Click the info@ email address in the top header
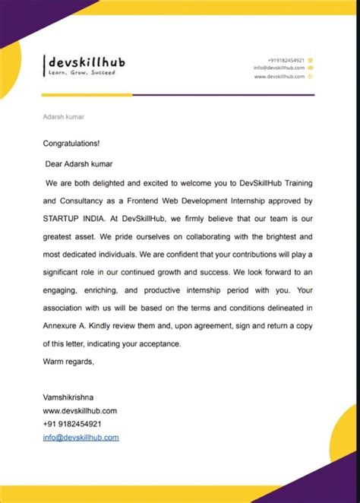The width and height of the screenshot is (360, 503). pyautogui.click(x=279, y=68)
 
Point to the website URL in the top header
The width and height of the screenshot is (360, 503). pyautogui.click(x=279, y=76)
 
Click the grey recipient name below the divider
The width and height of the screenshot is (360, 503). pyautogui.click(x=63, y=117)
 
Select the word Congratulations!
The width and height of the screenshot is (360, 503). pyautogui.click(x=71, y=143)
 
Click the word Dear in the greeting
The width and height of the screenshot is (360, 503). pyautogui.click(x=55, y=163)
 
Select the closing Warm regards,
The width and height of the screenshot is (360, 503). pyautogui.click(x=68, y=362)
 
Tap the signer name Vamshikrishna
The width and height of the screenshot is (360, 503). pyautogui.click(x=72, y=397)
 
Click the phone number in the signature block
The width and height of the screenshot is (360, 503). pyautogui.click(x=72, y=424)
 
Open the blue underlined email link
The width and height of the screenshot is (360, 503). pyautogui.click(x=81, y=437)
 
